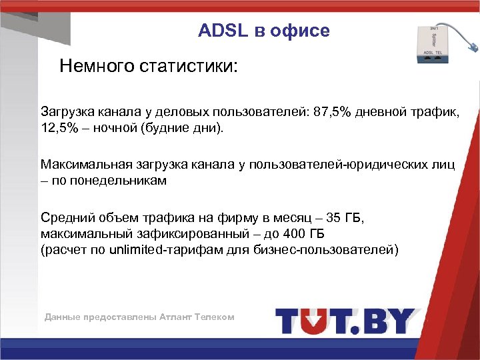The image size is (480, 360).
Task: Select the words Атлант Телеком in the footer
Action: pos(197,317)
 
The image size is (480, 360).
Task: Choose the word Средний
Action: pos(65,217)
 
